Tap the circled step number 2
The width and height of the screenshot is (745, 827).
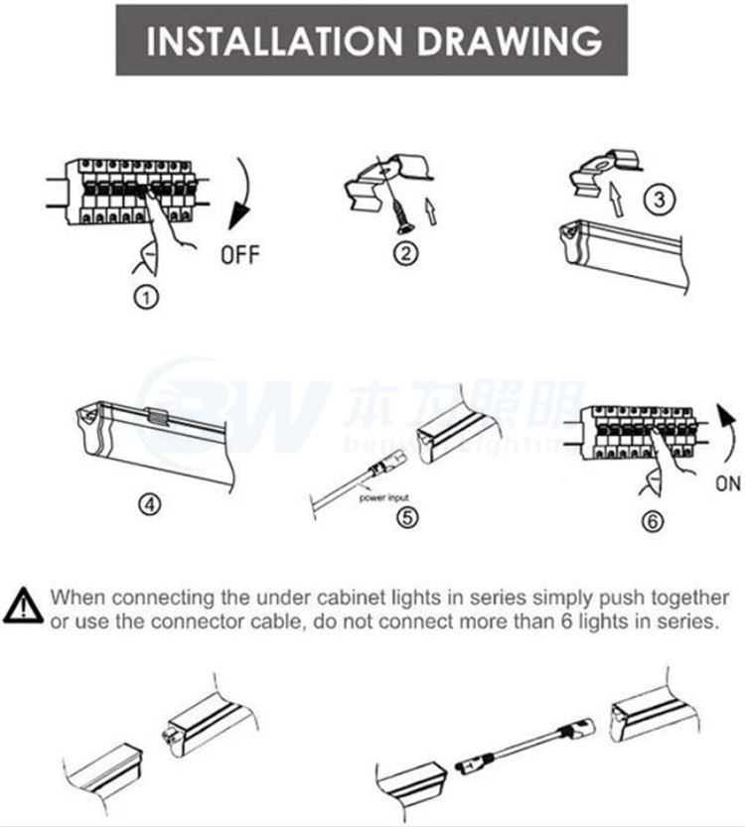pos(404,252)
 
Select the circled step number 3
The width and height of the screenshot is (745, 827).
pos(657,199)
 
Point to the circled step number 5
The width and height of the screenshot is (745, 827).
pos(406,516)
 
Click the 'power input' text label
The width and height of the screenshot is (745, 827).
pos(383,498)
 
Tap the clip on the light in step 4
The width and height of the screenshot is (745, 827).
pos(157,418)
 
